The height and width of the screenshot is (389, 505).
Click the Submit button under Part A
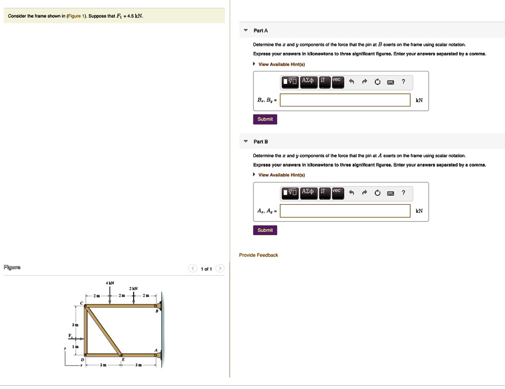[x=265, y=119]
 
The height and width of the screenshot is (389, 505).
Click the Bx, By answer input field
[x=345, y=100]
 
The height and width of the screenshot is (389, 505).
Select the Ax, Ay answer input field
[x=345, y=211]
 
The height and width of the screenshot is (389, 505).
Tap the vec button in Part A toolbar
[x=337, y=81]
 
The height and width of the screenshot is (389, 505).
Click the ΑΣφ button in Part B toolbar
[x=308, y=192]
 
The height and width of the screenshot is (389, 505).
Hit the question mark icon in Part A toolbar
[x=403, y=82]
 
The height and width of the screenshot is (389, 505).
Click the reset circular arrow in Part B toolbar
[x=377, y=193]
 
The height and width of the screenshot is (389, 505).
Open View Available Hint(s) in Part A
[x=282, y=64]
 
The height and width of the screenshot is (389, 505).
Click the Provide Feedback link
[x=258, y=255]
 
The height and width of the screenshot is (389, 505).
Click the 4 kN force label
[x=109, y=283]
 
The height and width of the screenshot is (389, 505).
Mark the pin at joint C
[x=86, y=306]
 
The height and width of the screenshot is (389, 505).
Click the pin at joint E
[x=121, y=354]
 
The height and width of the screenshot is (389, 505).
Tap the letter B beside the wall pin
[x=157, y=312]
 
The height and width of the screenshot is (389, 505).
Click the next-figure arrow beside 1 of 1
[x=220, y=269]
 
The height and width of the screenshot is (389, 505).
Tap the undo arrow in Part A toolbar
[x=351, y=82]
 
